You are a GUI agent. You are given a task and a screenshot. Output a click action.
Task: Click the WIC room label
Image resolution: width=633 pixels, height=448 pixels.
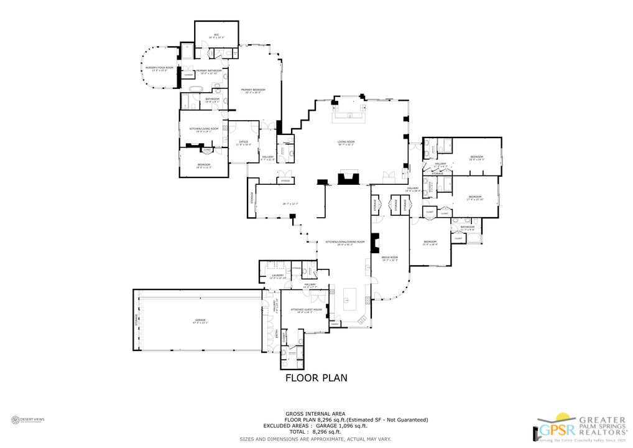click(216, 35)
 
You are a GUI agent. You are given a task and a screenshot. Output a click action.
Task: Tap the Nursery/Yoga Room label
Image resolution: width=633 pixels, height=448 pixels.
click(159, 67)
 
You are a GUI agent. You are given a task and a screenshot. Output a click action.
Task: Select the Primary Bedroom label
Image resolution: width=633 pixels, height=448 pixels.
click(253, 90)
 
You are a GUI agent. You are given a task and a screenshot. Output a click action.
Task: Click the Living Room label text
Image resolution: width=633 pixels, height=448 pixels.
click(346, 142)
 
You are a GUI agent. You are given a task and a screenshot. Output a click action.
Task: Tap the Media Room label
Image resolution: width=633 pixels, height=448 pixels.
click(389, 257)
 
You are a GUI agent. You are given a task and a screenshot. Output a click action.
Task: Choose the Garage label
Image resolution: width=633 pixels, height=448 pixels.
click(198, 320)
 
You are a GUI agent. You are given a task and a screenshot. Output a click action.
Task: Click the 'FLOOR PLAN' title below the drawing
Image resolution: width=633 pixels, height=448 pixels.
click(316, 378)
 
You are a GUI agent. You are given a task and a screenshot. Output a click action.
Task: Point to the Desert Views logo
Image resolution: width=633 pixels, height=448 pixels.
click(31, 420)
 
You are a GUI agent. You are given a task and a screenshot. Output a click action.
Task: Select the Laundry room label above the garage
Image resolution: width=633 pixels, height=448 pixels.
click(277, 276)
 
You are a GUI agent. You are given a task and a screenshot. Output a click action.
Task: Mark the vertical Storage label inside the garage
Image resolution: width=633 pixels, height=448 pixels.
click(136, 320)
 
